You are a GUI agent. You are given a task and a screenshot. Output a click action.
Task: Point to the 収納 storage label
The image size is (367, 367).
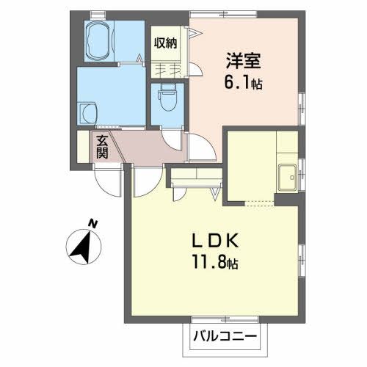165,43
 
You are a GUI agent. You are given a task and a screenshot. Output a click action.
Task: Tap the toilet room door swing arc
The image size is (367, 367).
170,143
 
